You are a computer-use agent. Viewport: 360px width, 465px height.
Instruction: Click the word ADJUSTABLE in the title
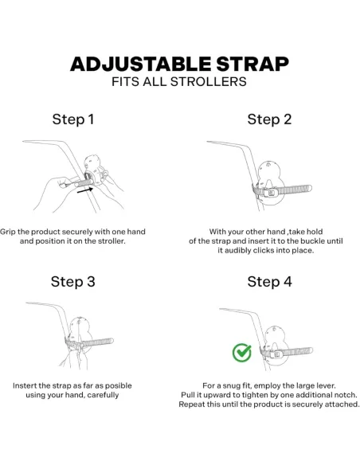[141, 64]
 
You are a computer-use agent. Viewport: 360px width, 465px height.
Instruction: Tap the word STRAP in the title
[252, 64]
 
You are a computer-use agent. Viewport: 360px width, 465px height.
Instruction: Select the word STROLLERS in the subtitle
[209, 81]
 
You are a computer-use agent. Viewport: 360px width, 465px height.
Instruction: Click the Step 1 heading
[73, 119]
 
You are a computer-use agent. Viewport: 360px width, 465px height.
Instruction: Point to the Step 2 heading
[269, 119]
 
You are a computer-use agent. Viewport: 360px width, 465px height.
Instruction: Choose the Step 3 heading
[73, 281]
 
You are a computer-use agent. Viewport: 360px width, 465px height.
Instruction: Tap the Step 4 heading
[269, 281]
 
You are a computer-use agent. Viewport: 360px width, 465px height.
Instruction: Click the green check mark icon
[242, 353]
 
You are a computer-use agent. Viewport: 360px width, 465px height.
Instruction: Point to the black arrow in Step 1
[85, 190]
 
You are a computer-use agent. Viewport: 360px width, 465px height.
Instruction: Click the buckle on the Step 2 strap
[272, 193]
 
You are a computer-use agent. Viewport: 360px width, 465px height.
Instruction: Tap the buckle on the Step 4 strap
[276, 354]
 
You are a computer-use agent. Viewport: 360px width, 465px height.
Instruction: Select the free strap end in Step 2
[308, 189]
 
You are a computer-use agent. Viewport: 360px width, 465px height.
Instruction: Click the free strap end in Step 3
[111, 342]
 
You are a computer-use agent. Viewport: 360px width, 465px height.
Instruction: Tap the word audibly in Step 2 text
[237, 251]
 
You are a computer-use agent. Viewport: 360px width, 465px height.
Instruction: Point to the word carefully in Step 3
[104, 395]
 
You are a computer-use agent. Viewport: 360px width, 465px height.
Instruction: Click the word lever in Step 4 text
[326, 385]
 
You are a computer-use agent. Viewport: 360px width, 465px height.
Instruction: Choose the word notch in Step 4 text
[346, 395]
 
